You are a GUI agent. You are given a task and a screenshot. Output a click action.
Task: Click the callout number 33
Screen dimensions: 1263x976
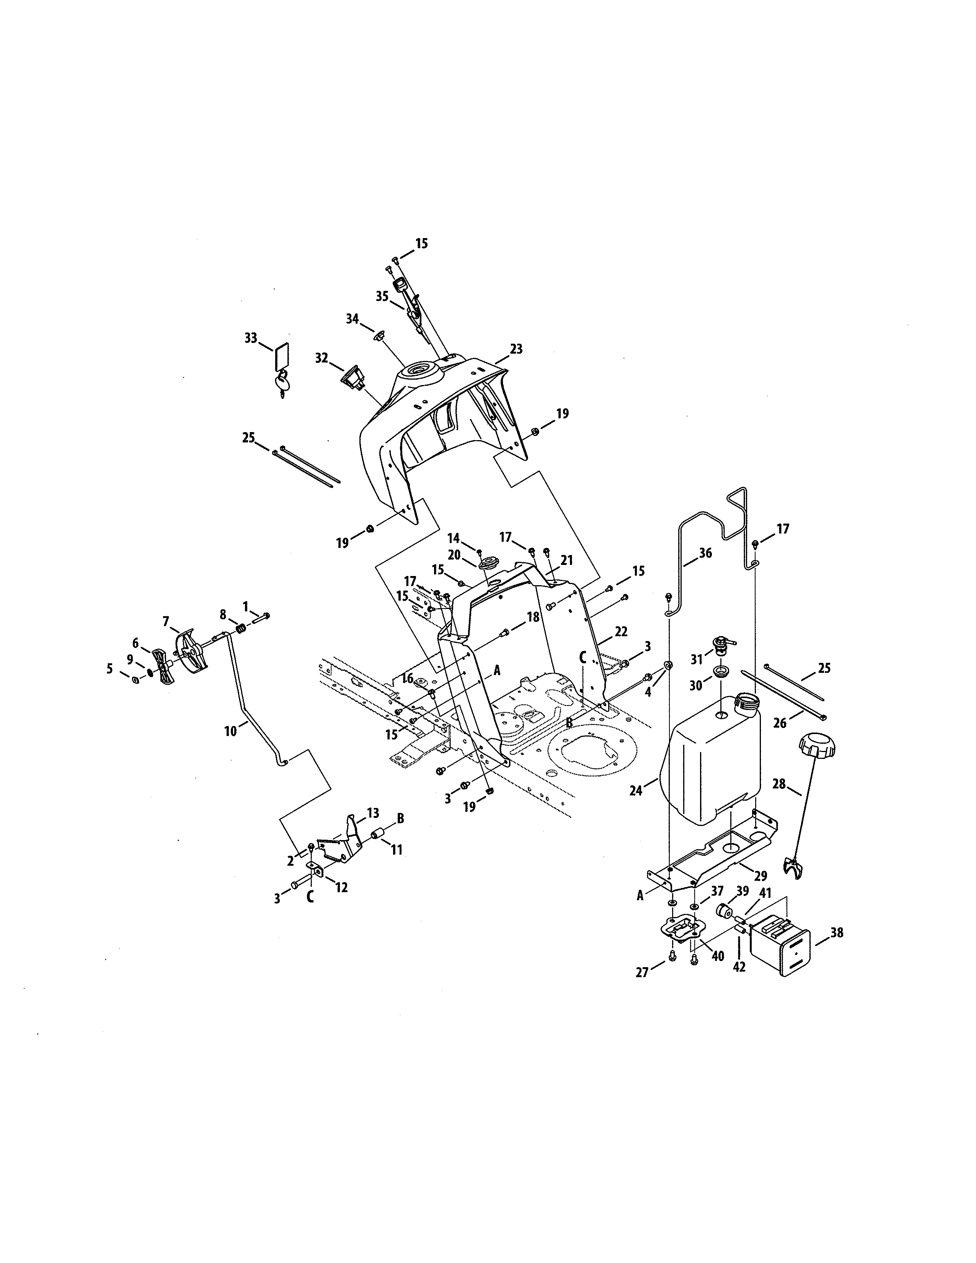coord(250,338)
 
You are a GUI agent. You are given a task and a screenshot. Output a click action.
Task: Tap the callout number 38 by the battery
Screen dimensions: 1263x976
coord(837,932)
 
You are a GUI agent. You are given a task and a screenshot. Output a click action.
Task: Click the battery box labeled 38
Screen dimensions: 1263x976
coord(779,944)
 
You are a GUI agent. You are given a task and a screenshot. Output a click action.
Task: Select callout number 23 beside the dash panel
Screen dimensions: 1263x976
coord(516,349)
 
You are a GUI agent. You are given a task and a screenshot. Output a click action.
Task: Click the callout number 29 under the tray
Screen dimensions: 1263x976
coord(761,876)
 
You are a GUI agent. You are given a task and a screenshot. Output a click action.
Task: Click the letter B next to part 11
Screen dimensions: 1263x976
coord(400,818)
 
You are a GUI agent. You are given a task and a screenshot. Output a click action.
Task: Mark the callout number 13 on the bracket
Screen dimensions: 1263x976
coord(373,813)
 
